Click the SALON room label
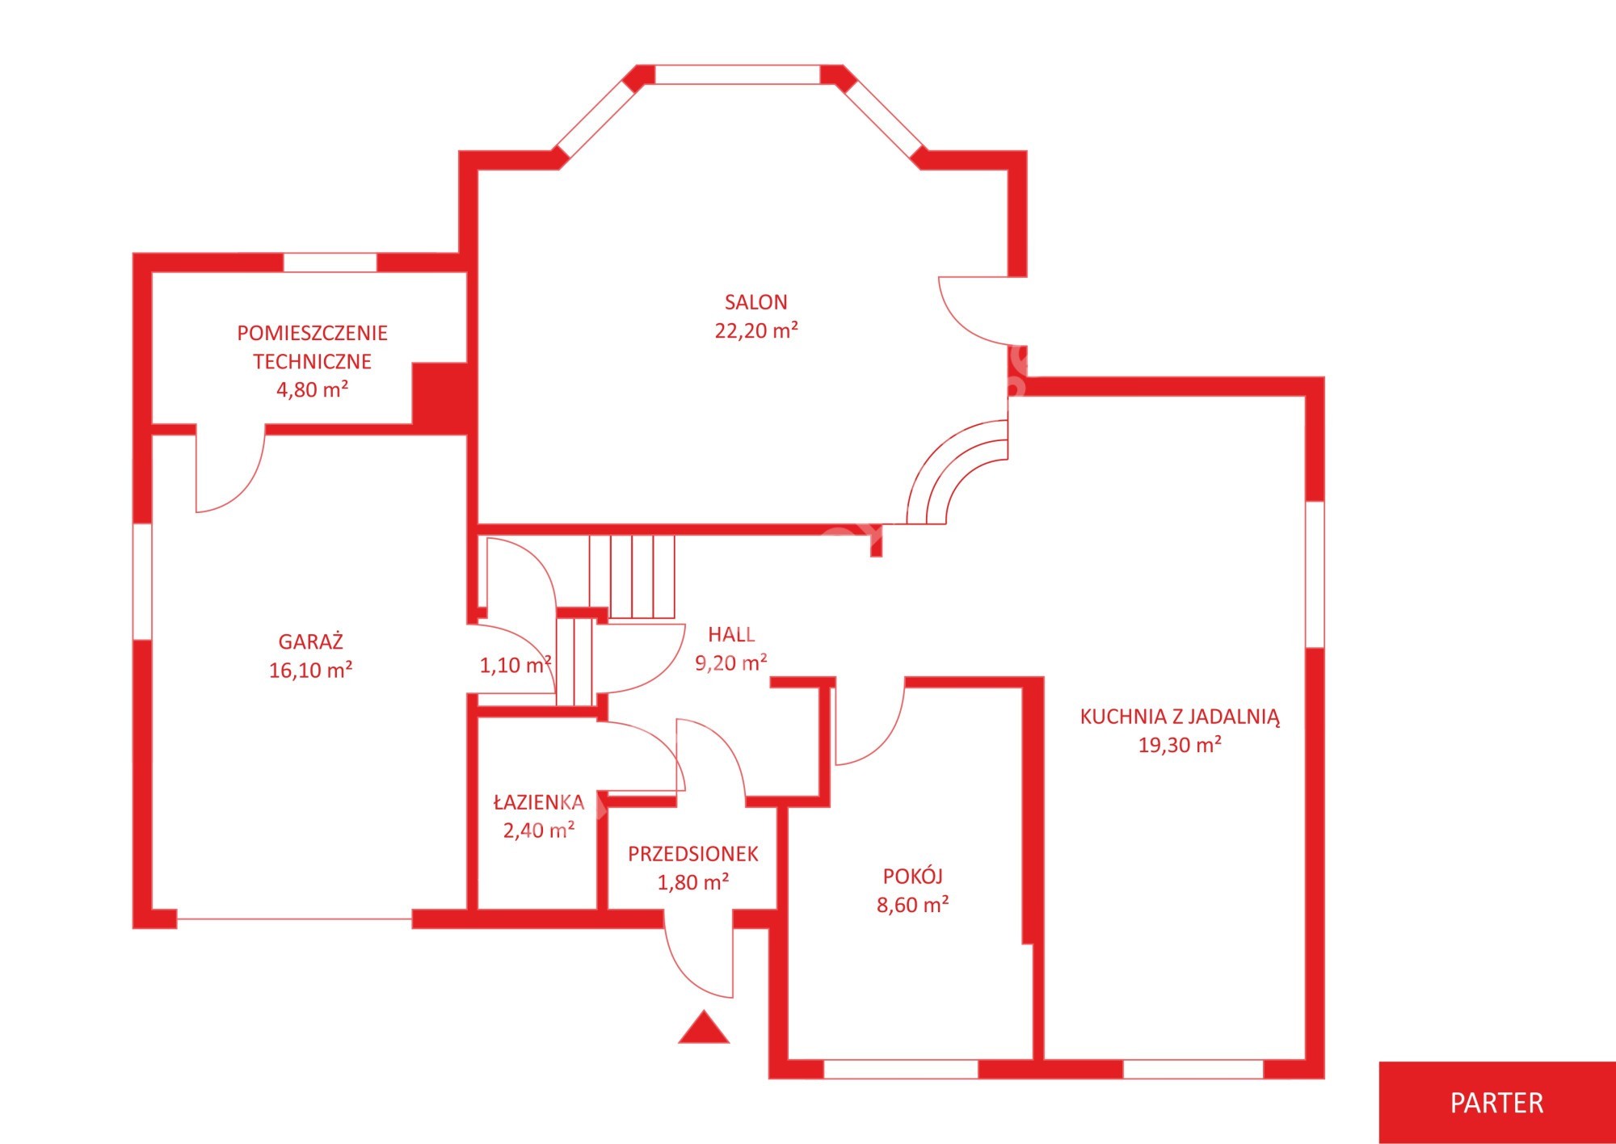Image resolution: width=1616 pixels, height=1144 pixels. coord(755,302)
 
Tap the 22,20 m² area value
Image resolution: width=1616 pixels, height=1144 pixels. coord(756,330)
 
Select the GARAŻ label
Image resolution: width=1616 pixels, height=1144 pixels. coord(311,641)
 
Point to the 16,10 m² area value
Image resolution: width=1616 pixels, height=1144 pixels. coord(311,670)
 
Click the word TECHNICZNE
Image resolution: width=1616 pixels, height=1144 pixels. coord(313,361)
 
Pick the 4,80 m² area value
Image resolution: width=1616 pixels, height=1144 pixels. coord(313,389)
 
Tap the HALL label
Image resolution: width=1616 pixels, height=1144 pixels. coord(731,634)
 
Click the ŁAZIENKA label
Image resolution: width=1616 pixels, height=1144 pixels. coord(539,802)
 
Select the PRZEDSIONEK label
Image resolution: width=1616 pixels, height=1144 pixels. coord(693,854)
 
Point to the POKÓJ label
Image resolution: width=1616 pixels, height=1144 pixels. coord(913,876)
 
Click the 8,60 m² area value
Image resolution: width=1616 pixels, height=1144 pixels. coord(913,905)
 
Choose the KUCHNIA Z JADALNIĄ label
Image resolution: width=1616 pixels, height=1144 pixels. coord(1180,717)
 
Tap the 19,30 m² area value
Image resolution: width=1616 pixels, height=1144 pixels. coord(1180,745)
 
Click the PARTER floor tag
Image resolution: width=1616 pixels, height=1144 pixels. coord(1496,1103)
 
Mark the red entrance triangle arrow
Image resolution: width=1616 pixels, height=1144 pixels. coord(704,1028)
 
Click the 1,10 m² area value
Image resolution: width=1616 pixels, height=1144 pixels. coord(516,665)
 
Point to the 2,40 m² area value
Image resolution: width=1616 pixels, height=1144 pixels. coord(539,831)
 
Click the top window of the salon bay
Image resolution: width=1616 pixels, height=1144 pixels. coord(738,74)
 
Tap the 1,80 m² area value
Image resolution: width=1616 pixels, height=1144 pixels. coord(693,882)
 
